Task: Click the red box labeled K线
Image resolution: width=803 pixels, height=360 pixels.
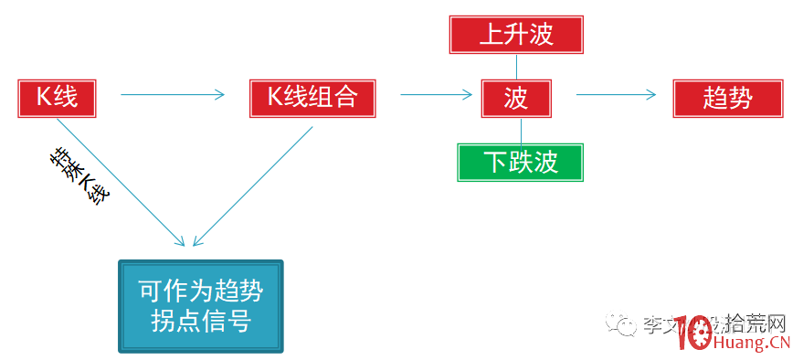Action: click(x=57, y=98)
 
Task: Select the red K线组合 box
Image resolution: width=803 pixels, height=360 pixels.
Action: click(x=312, y=98)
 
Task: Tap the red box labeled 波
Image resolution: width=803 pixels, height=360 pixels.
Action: click(x=516, y=98)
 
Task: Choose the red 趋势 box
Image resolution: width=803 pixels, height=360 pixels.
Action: click(x=728, y=98)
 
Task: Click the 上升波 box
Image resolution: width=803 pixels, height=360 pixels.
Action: click(x=516, y=35)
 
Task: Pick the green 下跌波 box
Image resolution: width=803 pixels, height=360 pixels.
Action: click(x=520, y=162)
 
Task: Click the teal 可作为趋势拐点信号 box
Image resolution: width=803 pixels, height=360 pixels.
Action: click(x=200, y=306)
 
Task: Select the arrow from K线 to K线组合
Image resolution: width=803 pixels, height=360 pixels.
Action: click(x=172, y=94)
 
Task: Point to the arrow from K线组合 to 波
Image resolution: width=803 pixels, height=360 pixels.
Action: click(x=435, y=94)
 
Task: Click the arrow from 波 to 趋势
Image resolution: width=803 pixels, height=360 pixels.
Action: click(x=616, y=94)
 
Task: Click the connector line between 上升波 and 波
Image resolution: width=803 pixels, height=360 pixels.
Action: click(x=517, y=66)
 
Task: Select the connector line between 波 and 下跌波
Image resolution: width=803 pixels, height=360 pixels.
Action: click(x=522, y=130)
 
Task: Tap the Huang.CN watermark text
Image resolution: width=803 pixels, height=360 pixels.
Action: click(x=749, y=343)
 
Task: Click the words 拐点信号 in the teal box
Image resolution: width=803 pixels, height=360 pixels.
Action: click(x=200, y=322)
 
